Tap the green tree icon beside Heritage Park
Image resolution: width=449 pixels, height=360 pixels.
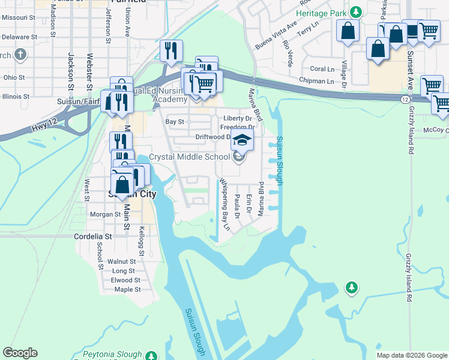(356, 12)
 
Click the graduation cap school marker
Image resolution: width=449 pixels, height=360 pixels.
(243, 140)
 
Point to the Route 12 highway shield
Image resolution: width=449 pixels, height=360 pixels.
(406, 98)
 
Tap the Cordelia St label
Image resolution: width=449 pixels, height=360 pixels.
(92, 236)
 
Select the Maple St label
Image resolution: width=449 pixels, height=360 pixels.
(127, 289)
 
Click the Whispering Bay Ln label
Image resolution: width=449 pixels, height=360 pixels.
(224, 204)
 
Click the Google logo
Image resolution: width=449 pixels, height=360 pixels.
(20, 353)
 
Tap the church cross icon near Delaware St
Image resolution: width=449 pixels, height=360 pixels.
(20, 55)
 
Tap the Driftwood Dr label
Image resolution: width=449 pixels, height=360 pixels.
(214, 137)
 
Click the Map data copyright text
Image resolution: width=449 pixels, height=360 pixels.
(411, 355)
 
